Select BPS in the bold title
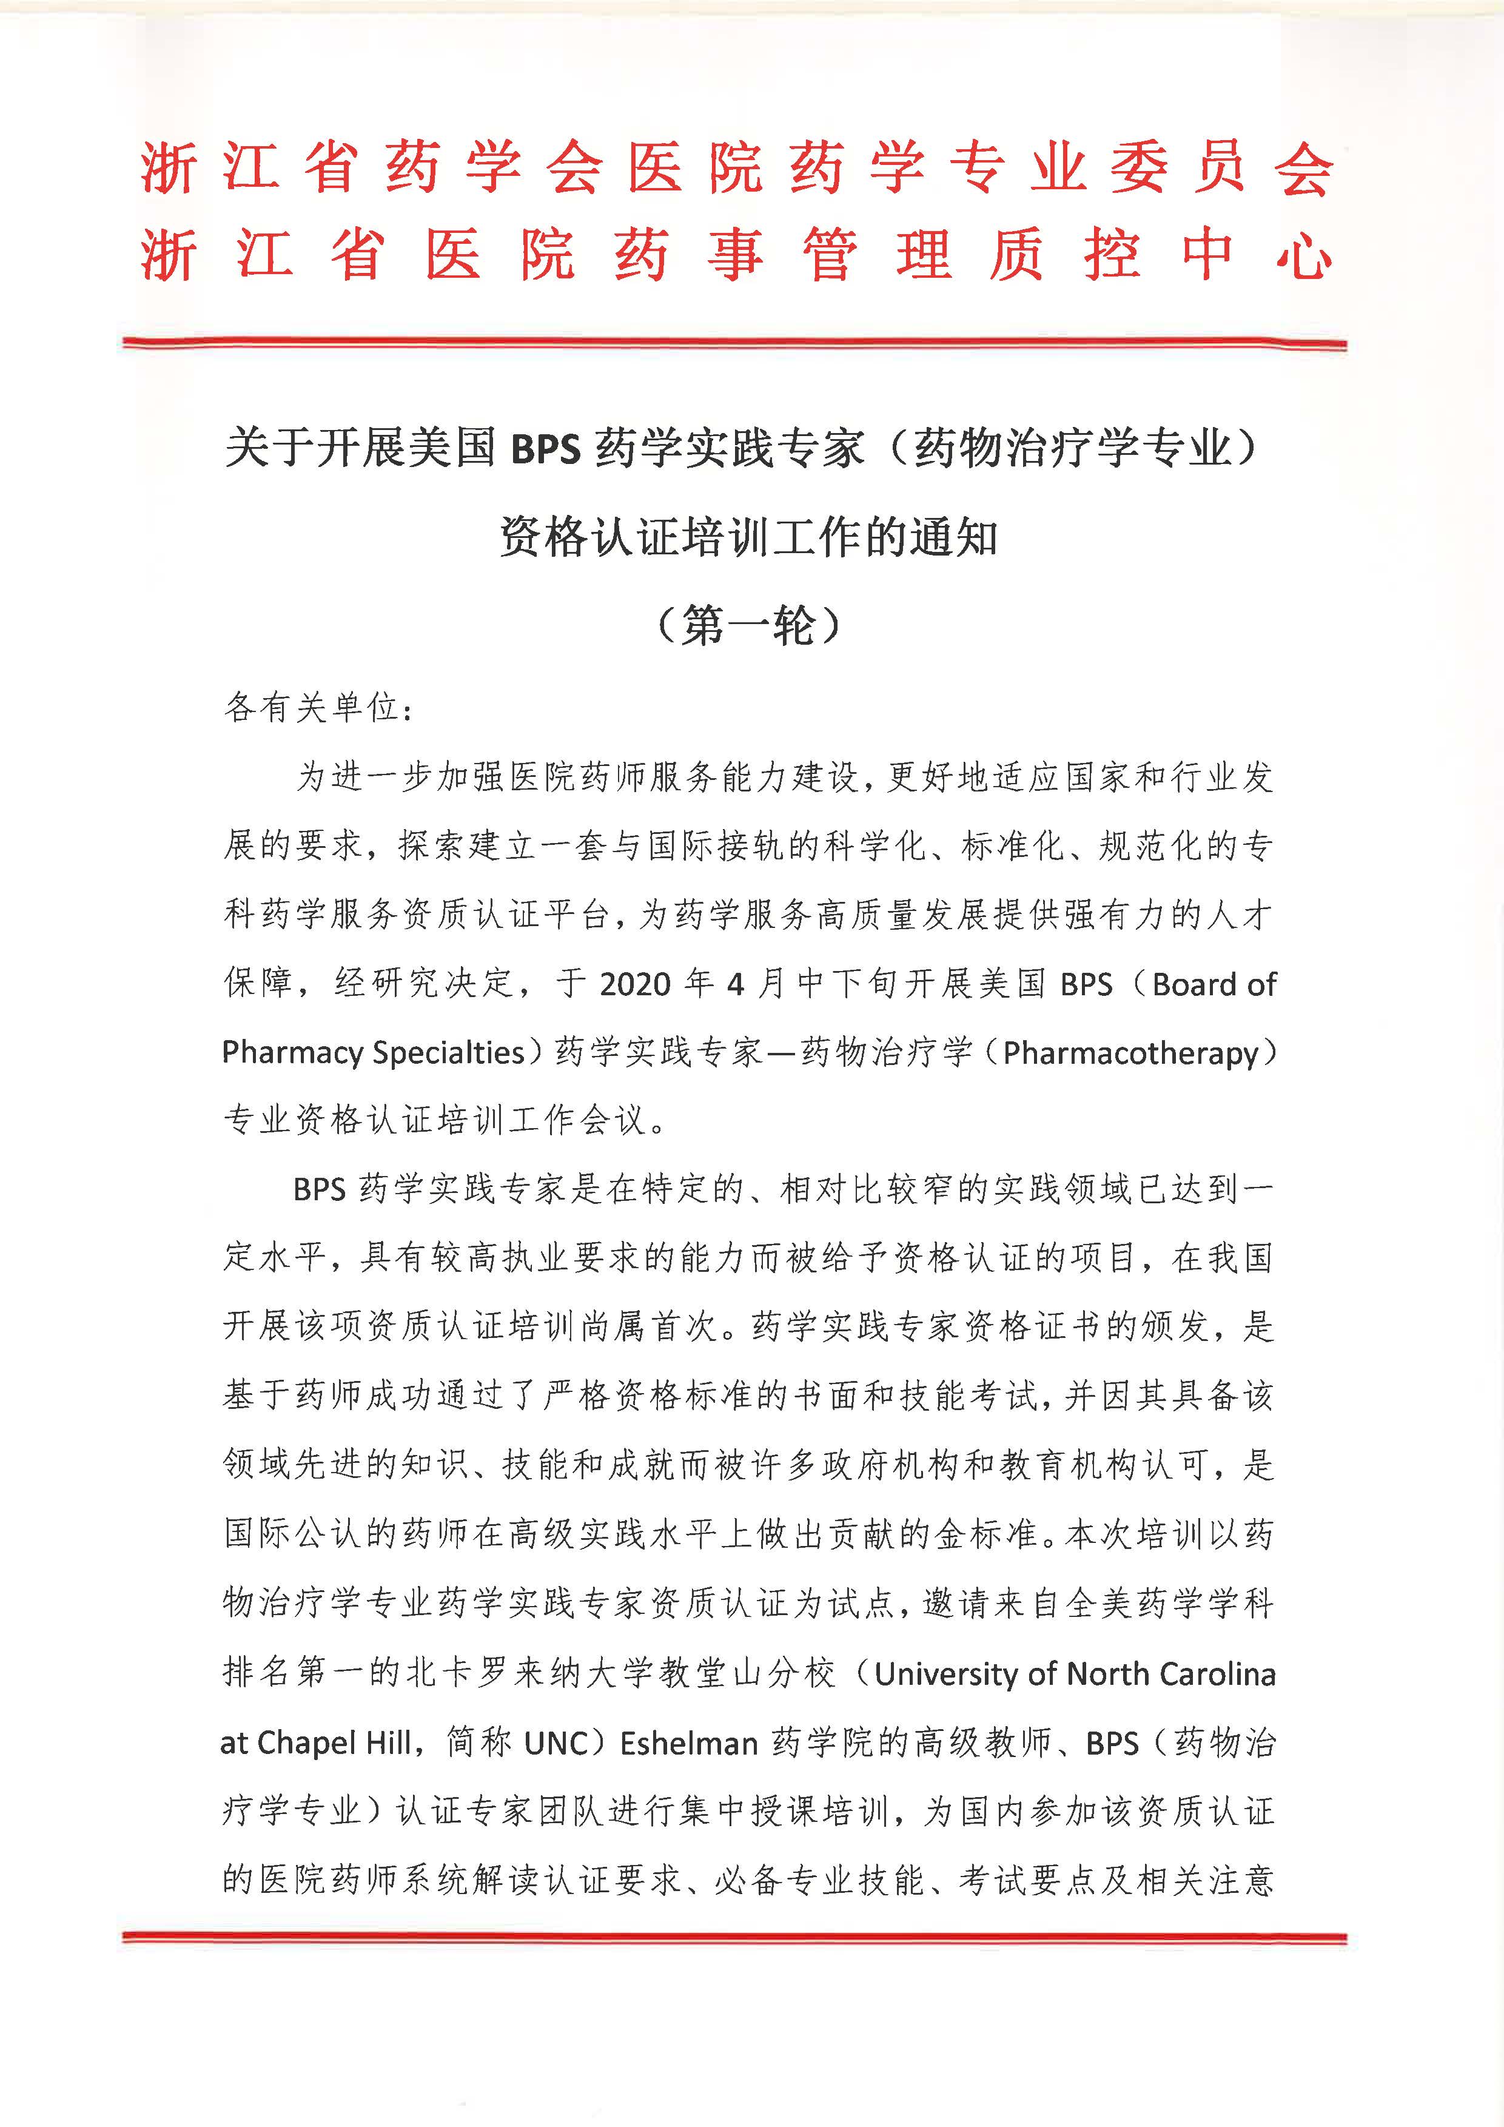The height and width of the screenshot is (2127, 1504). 545,450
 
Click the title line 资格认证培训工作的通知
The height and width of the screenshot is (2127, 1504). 748,537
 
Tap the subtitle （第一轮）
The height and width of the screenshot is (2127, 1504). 748,627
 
